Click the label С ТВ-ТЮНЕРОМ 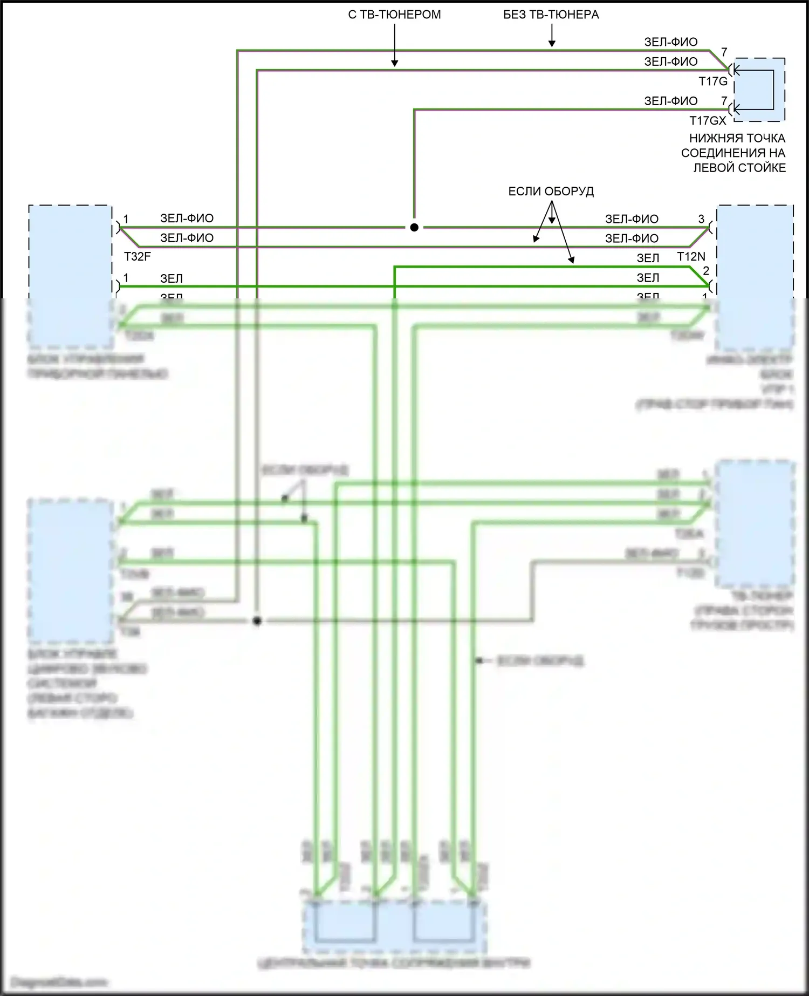(394, 15)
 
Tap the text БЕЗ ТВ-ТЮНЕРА (551, 15)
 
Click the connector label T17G (713, 81)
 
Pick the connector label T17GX (708, 121)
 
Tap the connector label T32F (138, 257)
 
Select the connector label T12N (691, 257)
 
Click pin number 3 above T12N (701, 219)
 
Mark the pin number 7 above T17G (724, 52)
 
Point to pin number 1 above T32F (126, 219)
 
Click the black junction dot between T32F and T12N (414, 228)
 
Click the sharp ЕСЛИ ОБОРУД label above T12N (551, 192)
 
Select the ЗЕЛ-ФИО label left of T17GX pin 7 (670, 101)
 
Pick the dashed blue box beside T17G (758, 90)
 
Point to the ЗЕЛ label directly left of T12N (648, 258)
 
